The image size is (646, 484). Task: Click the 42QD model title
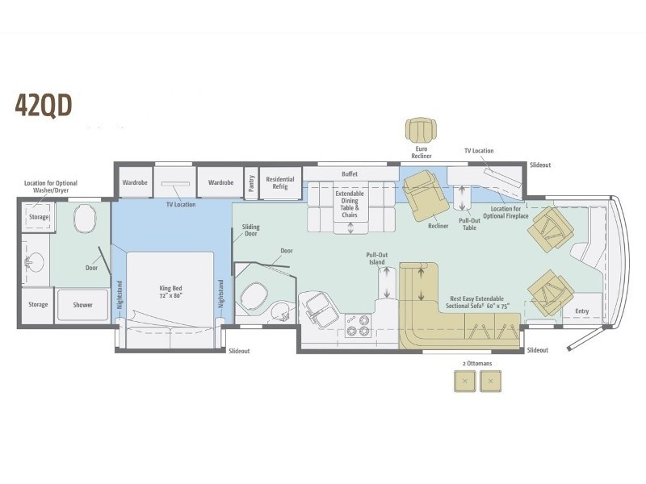coord(44,105)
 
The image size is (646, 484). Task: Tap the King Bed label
coord(170,292)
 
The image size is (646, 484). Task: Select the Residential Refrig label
coord(280,183)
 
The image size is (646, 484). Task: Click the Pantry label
coord(251,183)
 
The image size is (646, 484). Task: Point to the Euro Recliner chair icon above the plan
coord(421,130)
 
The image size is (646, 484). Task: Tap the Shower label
coord(83,305)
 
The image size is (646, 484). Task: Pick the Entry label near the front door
coord(581,311)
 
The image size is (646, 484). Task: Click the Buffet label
coord(350,174)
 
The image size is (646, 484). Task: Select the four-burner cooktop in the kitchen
coord(358,325)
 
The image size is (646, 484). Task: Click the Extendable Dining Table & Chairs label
coord(350,204)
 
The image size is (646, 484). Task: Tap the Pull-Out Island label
coord(377,258)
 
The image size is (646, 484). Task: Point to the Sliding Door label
coord(251,230)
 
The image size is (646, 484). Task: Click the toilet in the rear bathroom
coord(85,219)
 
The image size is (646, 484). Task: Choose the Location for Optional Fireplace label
coord(505,212)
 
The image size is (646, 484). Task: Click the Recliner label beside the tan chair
coord(438,226)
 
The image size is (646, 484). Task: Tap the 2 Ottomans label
coord(477,364)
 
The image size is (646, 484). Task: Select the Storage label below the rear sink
coord(38,305)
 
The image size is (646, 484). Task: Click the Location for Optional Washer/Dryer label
coord(51,187)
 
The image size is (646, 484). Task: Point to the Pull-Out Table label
coord(469,224)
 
